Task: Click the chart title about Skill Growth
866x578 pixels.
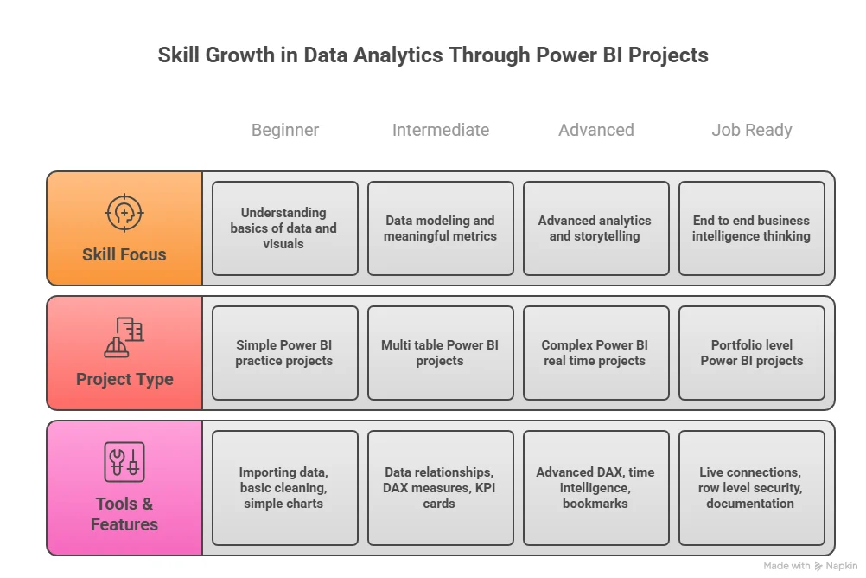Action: pos(433,55)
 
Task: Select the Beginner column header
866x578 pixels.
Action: pos(285,130)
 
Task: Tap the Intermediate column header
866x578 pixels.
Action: pos(441,130)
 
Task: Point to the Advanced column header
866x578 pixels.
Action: pos(595,130)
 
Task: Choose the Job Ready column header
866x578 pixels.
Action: pos(751,130)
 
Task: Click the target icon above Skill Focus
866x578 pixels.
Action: pos(124,212)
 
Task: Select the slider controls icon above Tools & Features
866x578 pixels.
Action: pos(124,461)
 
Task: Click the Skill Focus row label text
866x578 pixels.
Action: pos(124,254)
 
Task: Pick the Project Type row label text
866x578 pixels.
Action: pos(124,379)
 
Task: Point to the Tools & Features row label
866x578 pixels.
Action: pos(124,514)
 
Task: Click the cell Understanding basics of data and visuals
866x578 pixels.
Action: pos(284,228)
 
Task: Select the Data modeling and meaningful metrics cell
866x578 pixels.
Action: pos(440,228)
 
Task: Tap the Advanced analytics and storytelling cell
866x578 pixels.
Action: pos(595,228)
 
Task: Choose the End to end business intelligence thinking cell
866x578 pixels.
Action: pos(751,228)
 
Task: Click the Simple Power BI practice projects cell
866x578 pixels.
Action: pos(284,353)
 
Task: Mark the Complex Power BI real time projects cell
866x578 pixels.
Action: pos(595,353)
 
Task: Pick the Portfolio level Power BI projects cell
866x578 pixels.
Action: pos(751,353)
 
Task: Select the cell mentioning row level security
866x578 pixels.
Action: pos(751,488)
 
